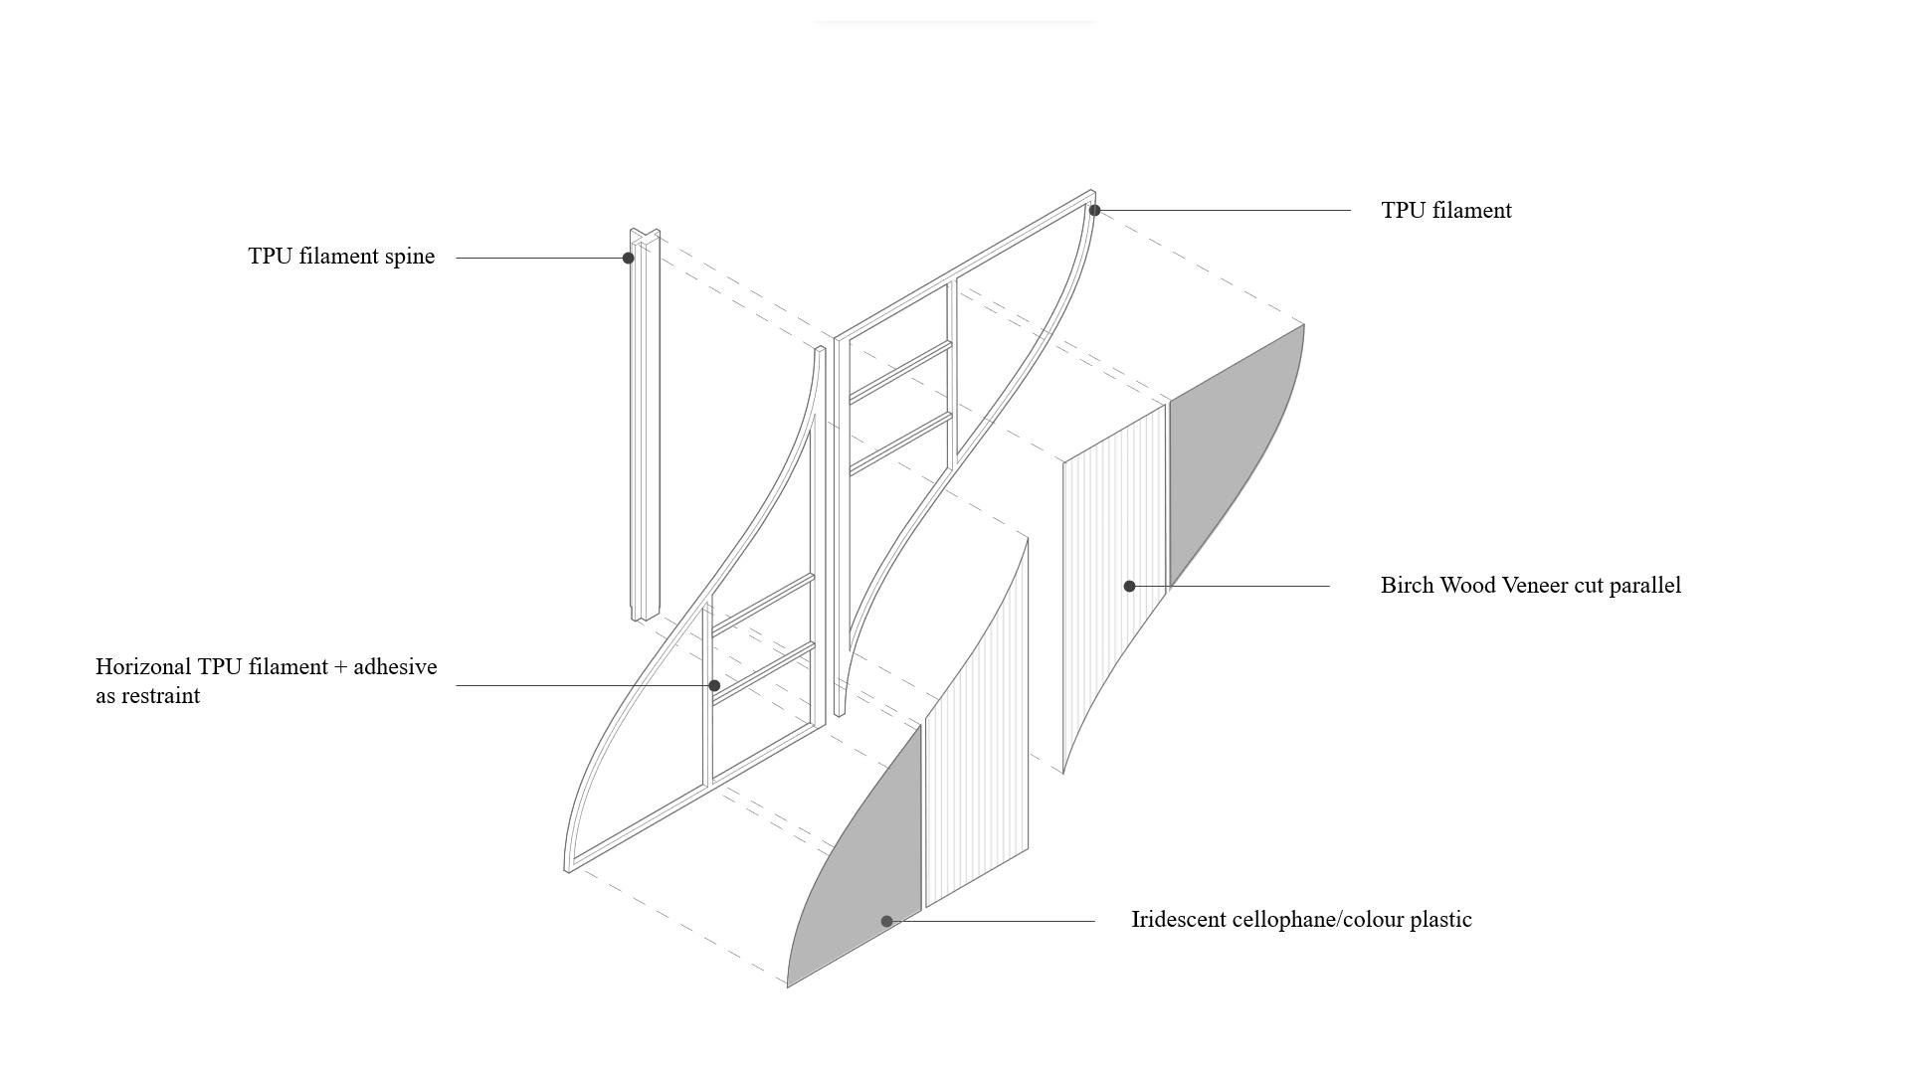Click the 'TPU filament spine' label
click(341, 257)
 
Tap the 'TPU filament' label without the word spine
click(1445, 211)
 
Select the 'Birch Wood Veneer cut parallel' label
click(1530, 586)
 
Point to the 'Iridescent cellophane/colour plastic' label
click(1301, 920)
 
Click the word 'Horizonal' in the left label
click(142, 667)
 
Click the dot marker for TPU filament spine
click(628, 259)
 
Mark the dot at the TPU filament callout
click(1094, 211)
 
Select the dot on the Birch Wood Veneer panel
click(1129, 587)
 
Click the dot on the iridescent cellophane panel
click(886, 922)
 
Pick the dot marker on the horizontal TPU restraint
click(714, 686)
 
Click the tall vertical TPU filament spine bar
click(645, 428)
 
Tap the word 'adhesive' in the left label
click(395, 667)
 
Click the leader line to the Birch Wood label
click(1243, 587)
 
